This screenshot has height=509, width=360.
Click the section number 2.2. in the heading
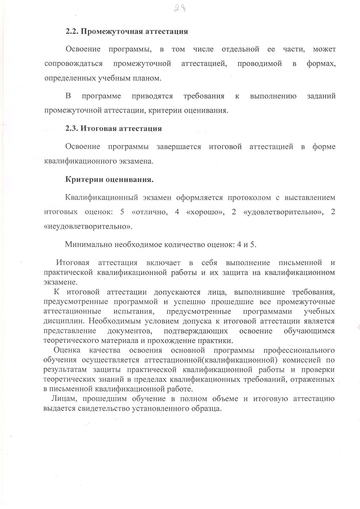pos(72,31)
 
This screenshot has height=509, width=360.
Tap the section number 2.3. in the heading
pos(72,129)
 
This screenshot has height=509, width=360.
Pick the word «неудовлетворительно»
pos(88,226)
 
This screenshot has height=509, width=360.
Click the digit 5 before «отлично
pos(122,212)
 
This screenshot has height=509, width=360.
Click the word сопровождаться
pos(73,64)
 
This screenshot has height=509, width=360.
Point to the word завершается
pos(179,147)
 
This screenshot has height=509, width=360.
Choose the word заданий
pos(321,96)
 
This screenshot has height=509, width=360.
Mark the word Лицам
pos(62,399)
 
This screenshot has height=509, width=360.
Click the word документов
pos(130,331)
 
